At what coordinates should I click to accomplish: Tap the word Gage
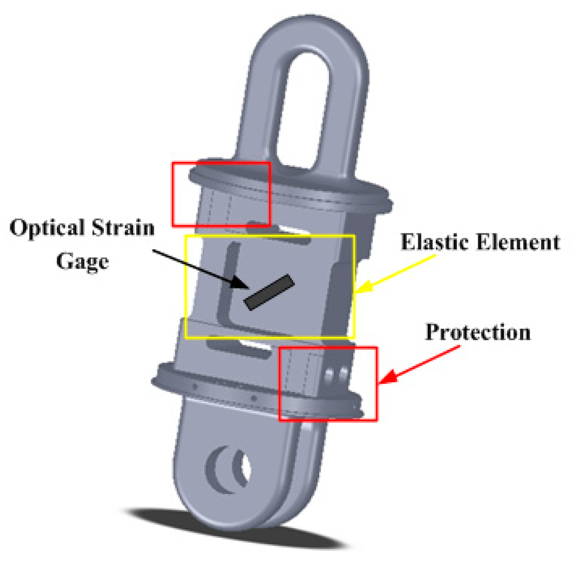tap(82, 261)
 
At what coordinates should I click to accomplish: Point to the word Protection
tap(478, 332)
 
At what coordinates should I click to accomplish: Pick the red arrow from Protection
tap(419, 364)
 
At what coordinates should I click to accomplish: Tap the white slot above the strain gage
tap(288, 232)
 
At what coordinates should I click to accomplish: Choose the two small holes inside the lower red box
tap(336, 374)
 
